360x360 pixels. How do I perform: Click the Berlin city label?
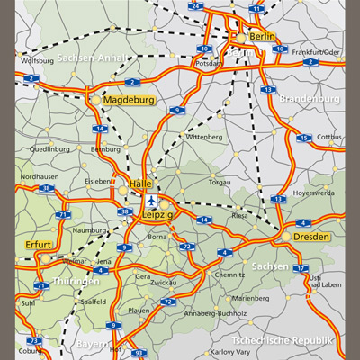[263, 36]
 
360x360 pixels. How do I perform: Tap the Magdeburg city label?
[130, 99]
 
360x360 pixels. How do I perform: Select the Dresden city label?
[312, 236]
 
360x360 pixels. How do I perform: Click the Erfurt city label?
[39, 244]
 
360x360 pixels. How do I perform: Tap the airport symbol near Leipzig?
[150, 199]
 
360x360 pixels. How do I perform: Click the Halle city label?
[140, 184]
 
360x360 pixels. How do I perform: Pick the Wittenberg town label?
[203, 137]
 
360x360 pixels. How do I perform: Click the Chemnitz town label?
[229, 274]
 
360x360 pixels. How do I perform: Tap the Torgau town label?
[219, 182]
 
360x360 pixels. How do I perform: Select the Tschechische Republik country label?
[283, 340]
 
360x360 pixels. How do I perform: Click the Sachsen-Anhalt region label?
[90, 58]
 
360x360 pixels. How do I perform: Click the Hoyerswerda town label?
[314, 193]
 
